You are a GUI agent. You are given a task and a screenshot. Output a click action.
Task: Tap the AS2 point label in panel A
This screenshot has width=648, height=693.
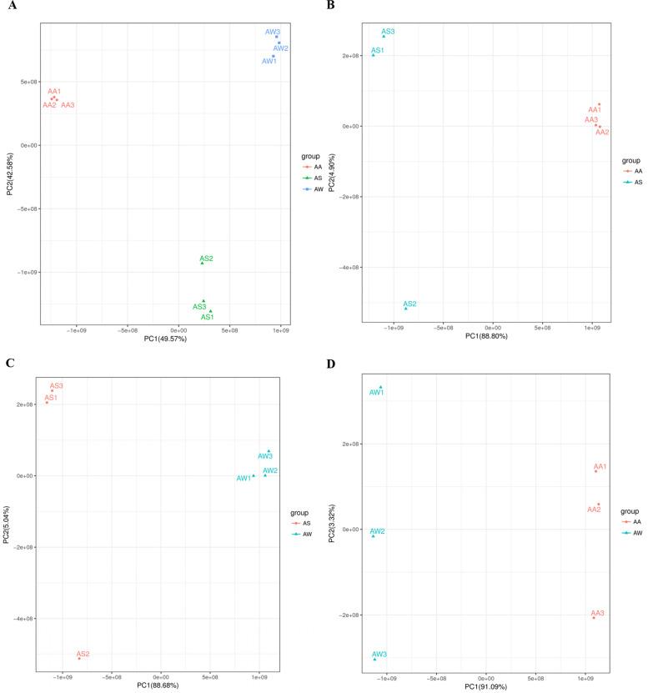206,259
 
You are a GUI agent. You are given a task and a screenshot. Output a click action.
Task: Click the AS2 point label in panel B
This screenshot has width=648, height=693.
409,304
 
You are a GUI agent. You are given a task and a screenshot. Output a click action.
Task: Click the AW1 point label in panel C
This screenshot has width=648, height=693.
244,478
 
